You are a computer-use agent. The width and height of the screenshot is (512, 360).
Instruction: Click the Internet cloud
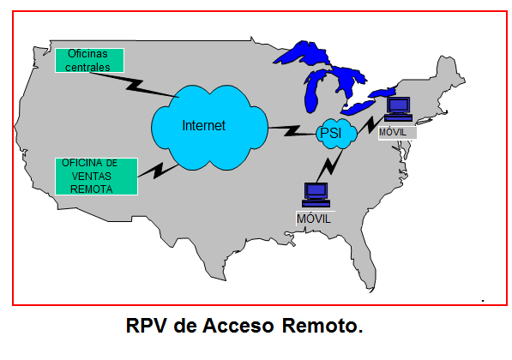pos(209,128)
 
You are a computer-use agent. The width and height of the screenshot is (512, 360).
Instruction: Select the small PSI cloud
pos(336,134)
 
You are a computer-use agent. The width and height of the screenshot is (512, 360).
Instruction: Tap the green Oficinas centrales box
pos(89,60)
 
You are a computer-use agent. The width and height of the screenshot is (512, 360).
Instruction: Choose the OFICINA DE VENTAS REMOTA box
pos(96,177)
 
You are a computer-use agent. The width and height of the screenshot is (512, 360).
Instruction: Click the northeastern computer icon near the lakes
pos(399,110)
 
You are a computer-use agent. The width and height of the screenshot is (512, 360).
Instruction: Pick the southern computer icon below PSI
pos(316,195)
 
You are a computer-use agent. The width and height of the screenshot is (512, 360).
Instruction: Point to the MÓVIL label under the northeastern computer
pos(393,133)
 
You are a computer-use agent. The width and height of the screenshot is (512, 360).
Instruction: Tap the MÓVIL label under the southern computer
pos(314,219)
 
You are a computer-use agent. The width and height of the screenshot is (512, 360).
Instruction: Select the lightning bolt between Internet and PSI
pos(292,130)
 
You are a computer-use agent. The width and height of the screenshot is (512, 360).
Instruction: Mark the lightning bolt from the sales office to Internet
pos(159,171)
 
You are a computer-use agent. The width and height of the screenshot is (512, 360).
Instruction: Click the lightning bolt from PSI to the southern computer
pos(329,165)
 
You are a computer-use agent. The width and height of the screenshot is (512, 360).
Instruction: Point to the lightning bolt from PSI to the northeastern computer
pos(371,124)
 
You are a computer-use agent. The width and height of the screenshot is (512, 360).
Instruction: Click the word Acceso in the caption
pos(238,326)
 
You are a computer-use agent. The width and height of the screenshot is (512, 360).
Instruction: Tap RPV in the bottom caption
pos(146,326)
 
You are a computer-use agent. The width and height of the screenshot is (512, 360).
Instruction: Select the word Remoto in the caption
pos(322,326)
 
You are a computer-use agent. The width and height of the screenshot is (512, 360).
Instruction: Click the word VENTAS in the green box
pos(92,177)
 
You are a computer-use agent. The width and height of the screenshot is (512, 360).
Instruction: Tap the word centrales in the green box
pos(87,67)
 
